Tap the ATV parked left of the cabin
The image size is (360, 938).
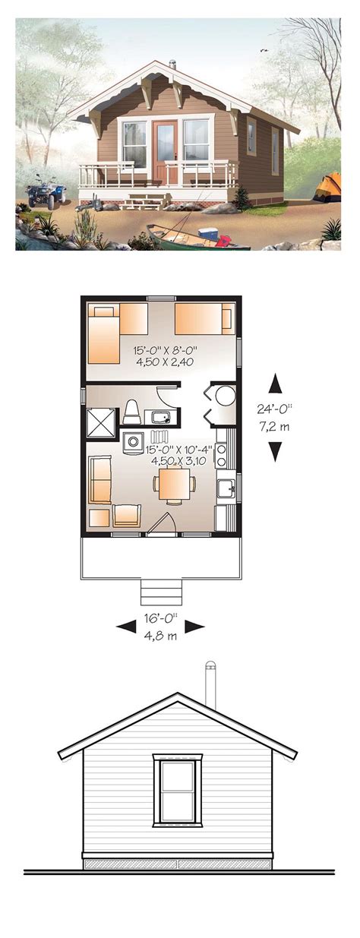[46, 193]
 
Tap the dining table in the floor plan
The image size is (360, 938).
[174, 484]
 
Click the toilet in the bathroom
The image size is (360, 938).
[131, 412]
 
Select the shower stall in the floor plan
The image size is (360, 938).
[100, 423]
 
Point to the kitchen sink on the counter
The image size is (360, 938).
[226, 488]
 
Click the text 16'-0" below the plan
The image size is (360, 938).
[161, 618]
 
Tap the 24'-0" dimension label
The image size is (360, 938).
[275, 408]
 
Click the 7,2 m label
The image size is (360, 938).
[275, 427]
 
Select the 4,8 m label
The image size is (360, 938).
[161, 636]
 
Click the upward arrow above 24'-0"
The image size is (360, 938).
[276, 383]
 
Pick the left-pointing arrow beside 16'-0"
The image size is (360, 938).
[126, 627]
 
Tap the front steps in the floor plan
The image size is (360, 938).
[161, 592]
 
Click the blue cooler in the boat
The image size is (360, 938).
[208, 233]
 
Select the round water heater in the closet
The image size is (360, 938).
[226, 395]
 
